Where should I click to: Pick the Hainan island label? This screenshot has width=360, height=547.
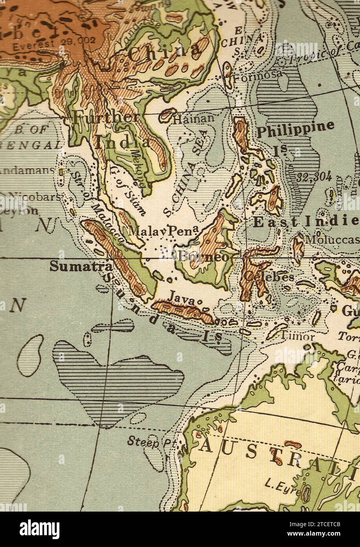(x=194, y=118)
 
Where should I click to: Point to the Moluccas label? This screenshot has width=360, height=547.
(x=332, y=239)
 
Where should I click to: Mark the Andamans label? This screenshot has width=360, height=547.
(x=28, y=171)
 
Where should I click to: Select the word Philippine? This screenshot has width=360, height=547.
(x=295, y=128)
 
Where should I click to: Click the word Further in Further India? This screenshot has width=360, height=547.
(x=106, y=117)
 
